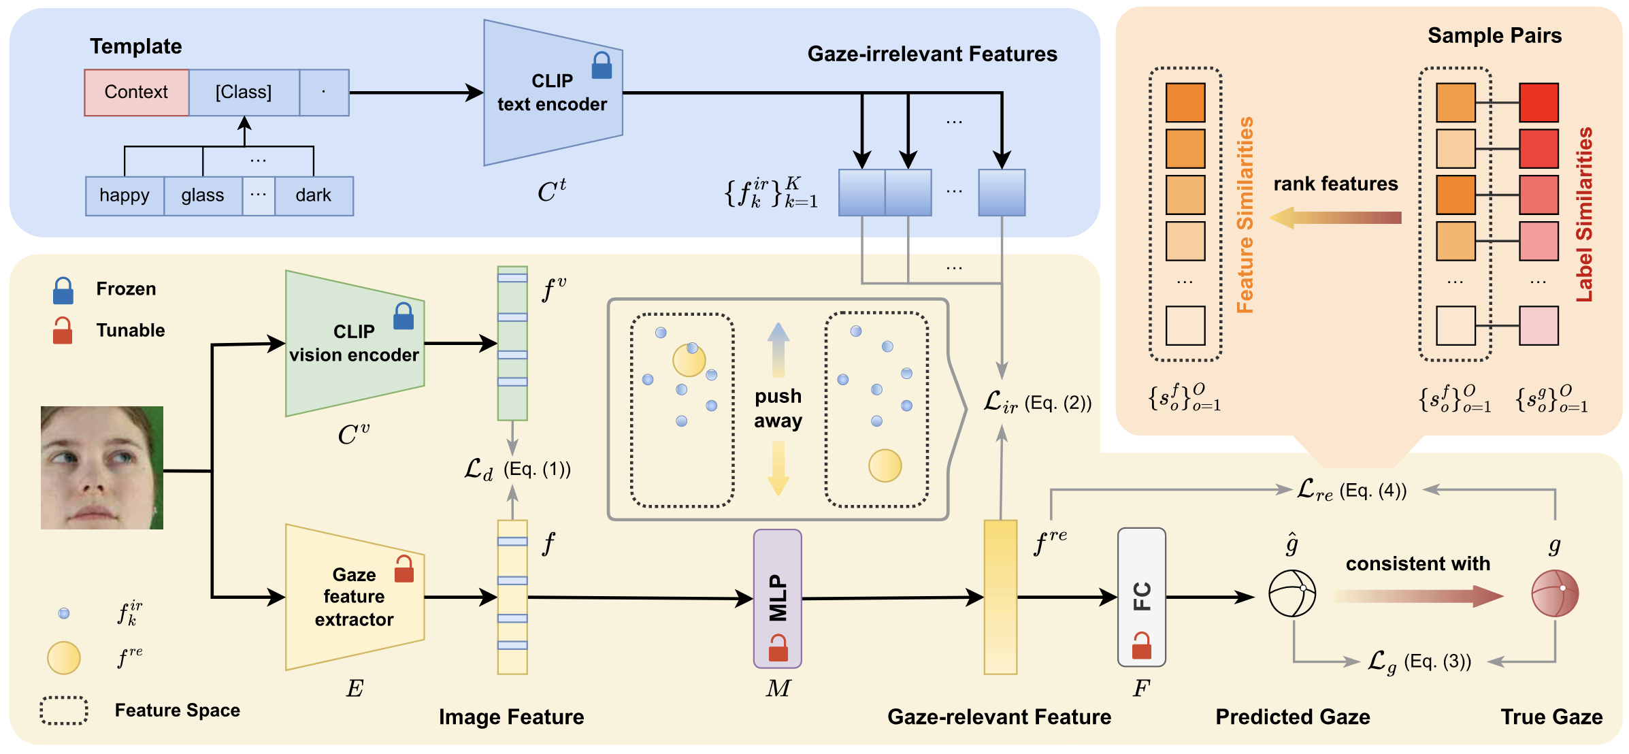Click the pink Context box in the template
[136, 93]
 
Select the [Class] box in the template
[244, 93]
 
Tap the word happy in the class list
[124, 196]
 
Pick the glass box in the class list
[202, 196]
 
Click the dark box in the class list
[313, 196]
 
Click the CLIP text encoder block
[552, 93]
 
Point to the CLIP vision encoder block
[354, 344]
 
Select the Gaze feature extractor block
[354, 597]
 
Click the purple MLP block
[777, 598]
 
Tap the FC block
[1141, 596]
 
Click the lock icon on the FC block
[1141, 646]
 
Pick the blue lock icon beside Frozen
[63, 291]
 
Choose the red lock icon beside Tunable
[63, 331]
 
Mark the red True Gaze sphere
[1555, 593]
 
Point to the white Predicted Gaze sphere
[1292, 593]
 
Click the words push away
[778, 408]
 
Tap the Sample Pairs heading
[1494, 35]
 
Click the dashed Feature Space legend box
[64, 710]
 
